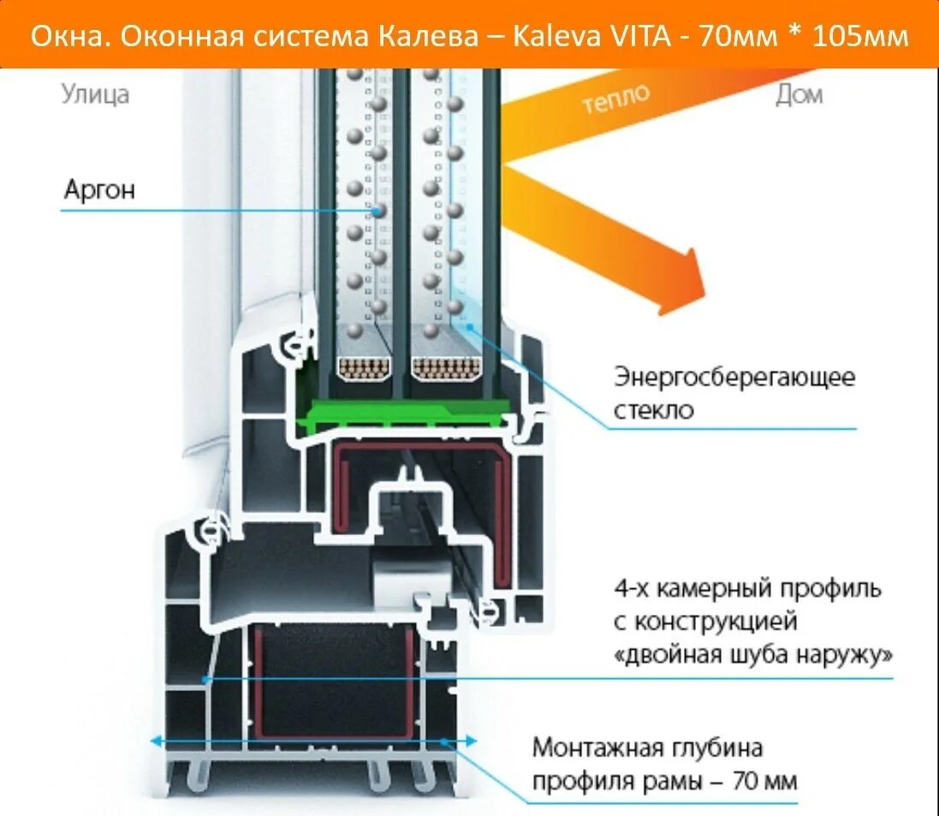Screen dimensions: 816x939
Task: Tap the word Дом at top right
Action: point(799,94)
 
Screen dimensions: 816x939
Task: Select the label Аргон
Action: point(99,189)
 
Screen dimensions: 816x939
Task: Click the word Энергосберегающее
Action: point(734,377)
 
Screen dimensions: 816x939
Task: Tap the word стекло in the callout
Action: point(653,409)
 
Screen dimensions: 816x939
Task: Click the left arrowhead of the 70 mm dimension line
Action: point(155,741)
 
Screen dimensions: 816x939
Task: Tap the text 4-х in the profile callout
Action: point(632,589)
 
